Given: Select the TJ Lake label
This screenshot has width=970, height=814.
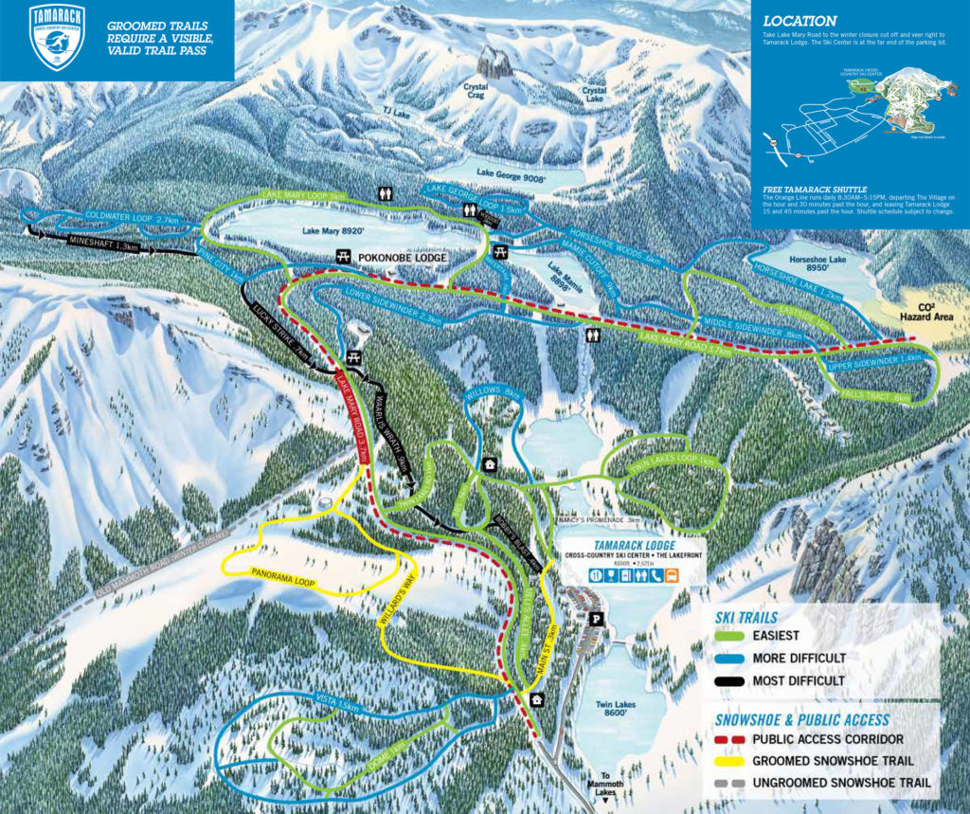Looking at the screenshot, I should (x=395, y=110).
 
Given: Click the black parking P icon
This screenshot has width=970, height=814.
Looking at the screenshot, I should (x=596, y=619).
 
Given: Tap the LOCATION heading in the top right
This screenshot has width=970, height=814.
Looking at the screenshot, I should (x=799, y=21).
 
